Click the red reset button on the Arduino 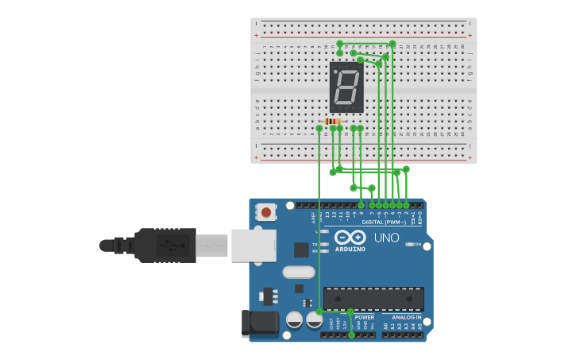coord(265,212)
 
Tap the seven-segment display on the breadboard coord(346,87)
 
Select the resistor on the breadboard coord(333,121)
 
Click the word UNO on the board coord(387,238)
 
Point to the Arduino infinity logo coord(350,237)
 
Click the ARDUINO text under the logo coord(350,249)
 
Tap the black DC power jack coord(260,322)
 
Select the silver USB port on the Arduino coord(253,246)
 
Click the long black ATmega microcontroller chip coord(373,299)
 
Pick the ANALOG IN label coord(407,317)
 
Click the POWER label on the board coord(365,317)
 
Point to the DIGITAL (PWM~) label coord(385,223)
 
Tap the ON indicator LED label coord(418,245)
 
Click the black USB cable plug coord(165,245)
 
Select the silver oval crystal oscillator coord(299,273)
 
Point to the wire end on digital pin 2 coord(406,205)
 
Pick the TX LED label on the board coord(315,244)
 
